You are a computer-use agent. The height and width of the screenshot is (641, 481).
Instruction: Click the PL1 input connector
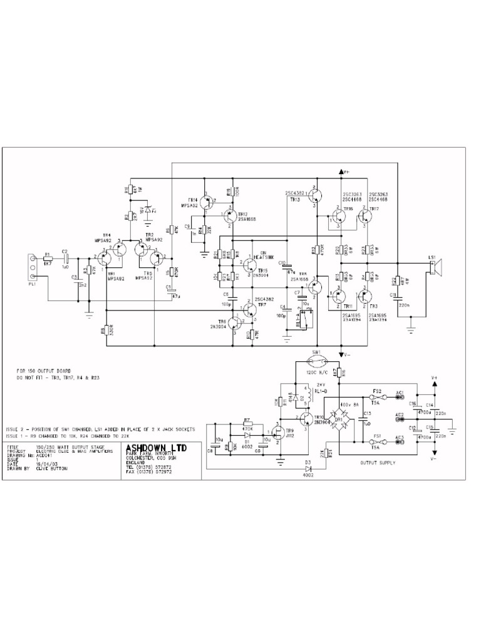(34, 264)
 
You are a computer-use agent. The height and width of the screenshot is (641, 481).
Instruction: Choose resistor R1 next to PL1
(48, 258)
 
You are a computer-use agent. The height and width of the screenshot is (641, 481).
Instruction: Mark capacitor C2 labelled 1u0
(65, 258)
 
